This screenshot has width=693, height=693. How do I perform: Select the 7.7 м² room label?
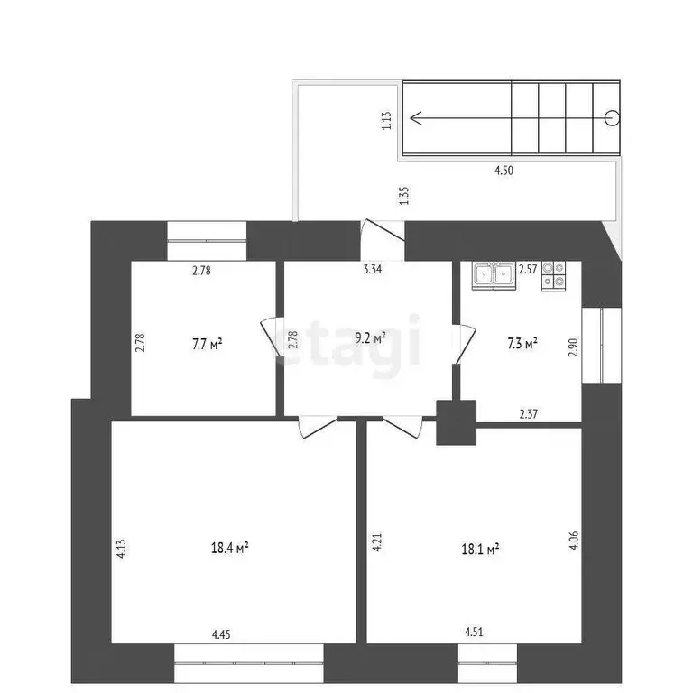(207, 343)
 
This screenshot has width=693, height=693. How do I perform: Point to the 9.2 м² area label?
(370, 337)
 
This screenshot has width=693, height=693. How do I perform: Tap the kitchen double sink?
(493, 276)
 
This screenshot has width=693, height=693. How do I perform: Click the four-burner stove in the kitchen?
(553, 276)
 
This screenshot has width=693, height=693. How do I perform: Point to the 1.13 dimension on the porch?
(385, 121)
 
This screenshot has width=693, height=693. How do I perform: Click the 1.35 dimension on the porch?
(403, 196)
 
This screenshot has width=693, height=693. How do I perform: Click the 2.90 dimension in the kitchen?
(572, 348)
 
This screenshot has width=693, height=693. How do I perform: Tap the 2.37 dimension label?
(531, 414)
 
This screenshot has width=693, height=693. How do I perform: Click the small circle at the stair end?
(613, 116)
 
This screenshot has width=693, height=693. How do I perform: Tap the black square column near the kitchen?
(456, 421)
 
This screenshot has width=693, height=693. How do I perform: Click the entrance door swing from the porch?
(383, 232)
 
